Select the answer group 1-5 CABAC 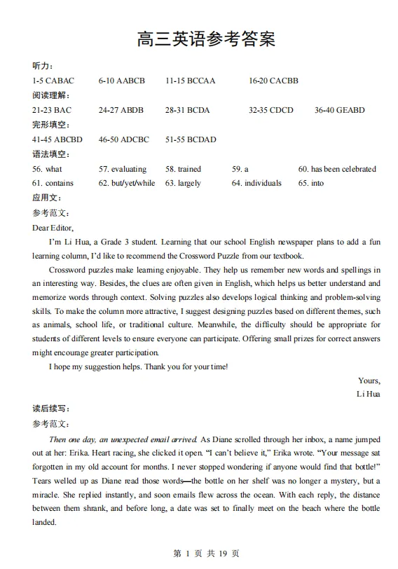(x=53, y=81)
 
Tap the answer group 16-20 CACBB (x=273, y=81)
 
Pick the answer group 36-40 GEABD (x=340, y=110)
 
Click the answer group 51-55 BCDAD (x=191, y=139)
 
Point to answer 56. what (x=47, y=169)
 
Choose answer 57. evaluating (x=123, y=169)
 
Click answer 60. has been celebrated (x=337, y=169)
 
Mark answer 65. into (x=311, y=183)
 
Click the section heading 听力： (x=42, y=66)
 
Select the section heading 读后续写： (x=51, y=409)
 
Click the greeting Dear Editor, (x=53, y=227)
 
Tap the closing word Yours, (x=369, y=381)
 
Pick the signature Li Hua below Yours (x=369, y=395)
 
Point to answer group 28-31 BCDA (x=187, y=110)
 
